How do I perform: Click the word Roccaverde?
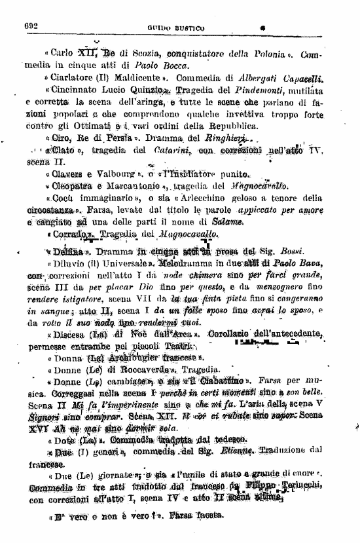[135, 369]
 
